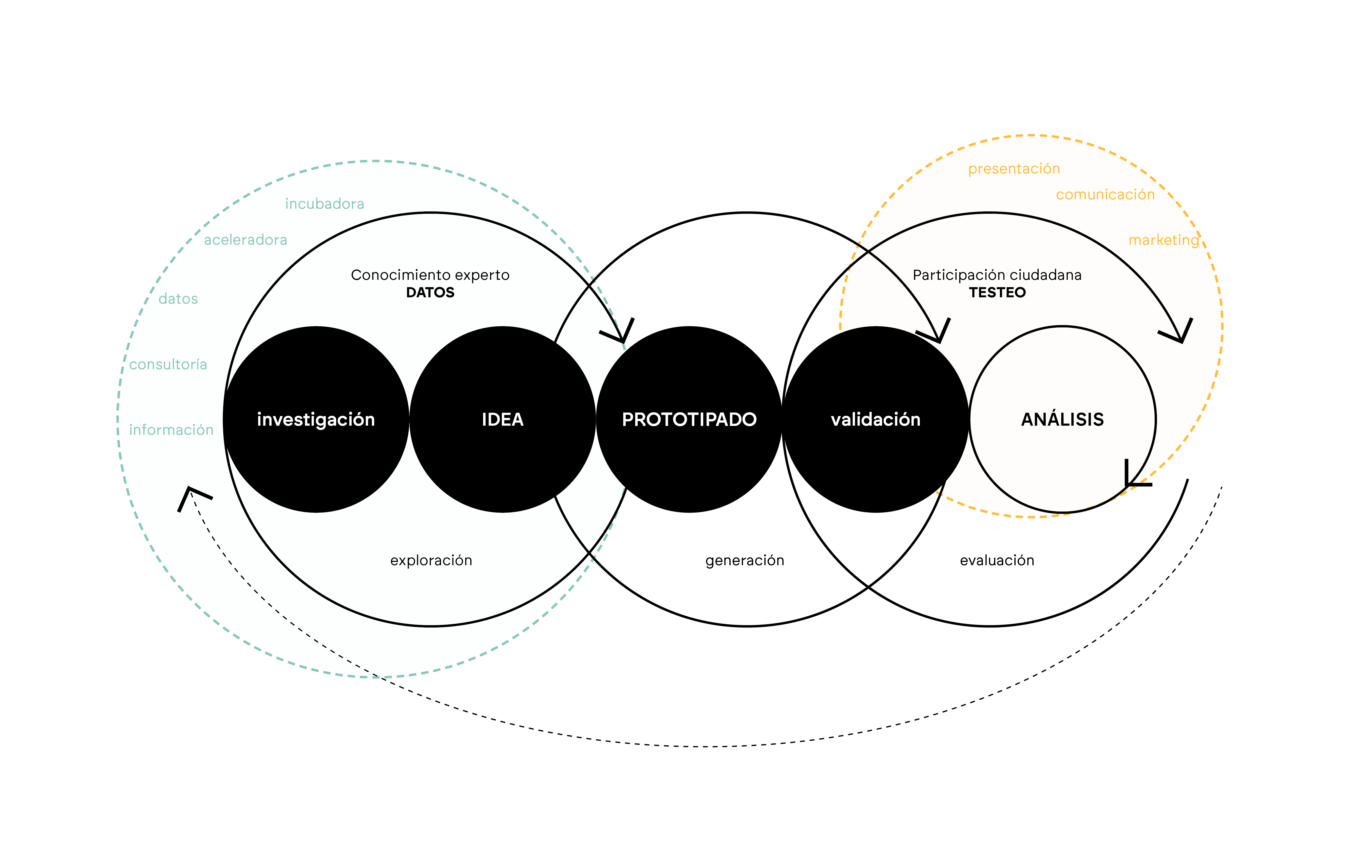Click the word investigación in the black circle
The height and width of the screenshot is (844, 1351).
[x=316, y=420]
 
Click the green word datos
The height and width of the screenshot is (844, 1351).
[x=178, y=299]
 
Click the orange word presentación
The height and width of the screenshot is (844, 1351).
[x=1014, y=169]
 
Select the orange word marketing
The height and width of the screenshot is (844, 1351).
[x=1164, y=241]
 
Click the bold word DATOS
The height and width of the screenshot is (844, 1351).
[x=430, y=292]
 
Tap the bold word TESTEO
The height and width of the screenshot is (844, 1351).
[x=997, y=292]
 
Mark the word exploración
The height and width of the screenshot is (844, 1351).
[x=431, y=560]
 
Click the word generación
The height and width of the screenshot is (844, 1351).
[x=745, y=560]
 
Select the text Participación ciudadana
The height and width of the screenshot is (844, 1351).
[x=997, y=275]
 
